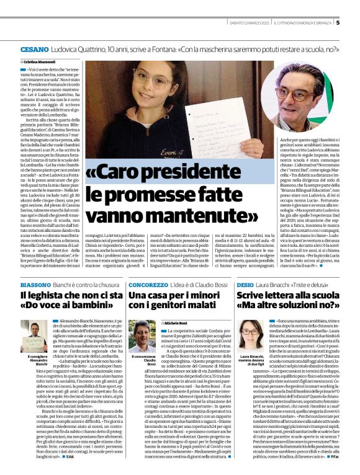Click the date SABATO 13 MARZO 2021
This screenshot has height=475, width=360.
pyautogui.click(x=248, y=23)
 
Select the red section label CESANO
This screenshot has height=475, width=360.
pyautogui.click(x=30, y=48)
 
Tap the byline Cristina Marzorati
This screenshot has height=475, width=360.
pyautogui.click(x=42, y=63)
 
